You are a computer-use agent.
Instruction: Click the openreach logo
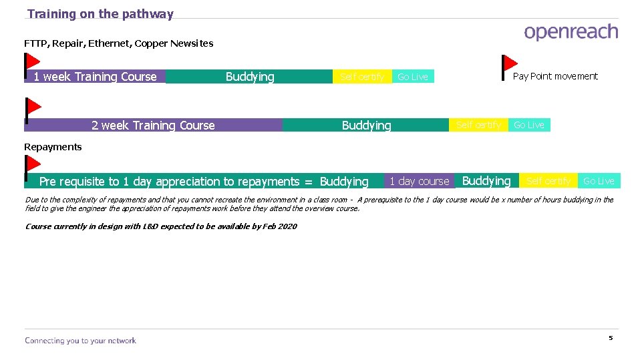[571, 33]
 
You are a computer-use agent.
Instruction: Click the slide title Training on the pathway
[100, 14]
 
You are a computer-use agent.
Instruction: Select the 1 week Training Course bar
[95, 77]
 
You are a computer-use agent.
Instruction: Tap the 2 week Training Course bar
[153, 125]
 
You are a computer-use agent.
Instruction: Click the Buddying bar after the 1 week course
[249, 77]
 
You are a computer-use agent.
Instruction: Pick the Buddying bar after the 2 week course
[366, 125]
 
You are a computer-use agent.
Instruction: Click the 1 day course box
[419, 181]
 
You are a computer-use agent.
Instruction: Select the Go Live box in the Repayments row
[599, 181]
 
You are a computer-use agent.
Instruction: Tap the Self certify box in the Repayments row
[548, 181]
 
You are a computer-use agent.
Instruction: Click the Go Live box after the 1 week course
[412, 77]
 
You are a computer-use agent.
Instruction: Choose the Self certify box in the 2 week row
[478, 125]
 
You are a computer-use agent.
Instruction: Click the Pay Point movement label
[555, 76]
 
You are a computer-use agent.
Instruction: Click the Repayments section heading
[53, 147]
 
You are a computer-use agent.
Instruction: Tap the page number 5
[610, 338]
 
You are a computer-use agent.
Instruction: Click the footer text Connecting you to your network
[80, 341]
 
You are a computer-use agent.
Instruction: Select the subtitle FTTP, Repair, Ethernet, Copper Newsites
[119, 43]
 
